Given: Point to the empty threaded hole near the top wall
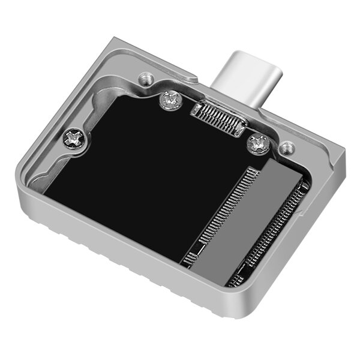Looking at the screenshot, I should (143, 78).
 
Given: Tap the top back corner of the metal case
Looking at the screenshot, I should (120, 39).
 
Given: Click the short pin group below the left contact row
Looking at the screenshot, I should (191, 259).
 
